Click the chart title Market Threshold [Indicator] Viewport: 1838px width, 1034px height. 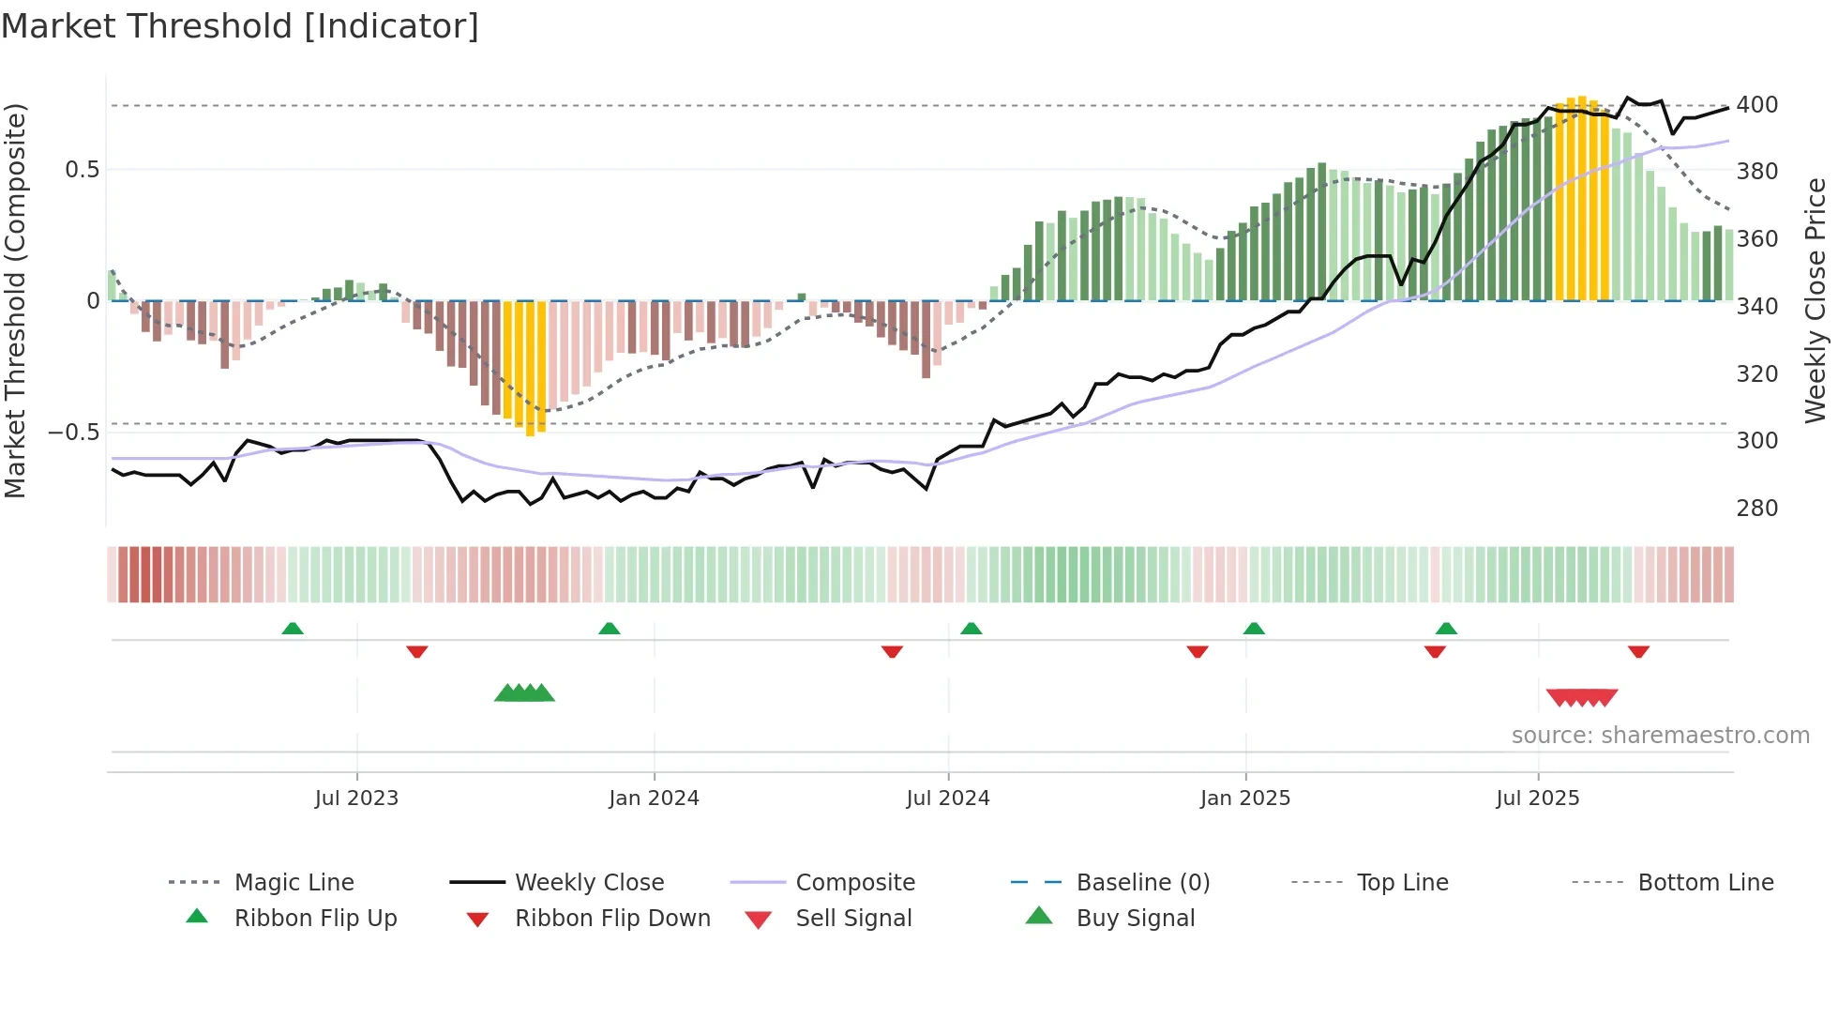coord(240,26)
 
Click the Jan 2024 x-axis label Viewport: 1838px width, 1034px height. coord(654,798)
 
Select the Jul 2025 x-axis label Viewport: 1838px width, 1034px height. coord(1537,798)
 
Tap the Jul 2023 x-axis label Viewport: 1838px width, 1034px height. coord(356,798)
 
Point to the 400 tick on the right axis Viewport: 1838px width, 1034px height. coord(1756,105)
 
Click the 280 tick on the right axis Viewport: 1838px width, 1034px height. coord(1756,509)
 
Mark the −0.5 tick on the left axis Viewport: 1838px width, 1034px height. coord(73,433)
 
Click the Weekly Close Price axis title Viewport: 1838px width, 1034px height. coord(1815,300)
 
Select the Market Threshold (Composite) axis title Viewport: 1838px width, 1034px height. coord(15,300)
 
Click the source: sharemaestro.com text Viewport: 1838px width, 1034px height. coord(1660,736)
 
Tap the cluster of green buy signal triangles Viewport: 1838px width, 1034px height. coord(524,693)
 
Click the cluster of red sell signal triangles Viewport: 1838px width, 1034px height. coord(1582,697)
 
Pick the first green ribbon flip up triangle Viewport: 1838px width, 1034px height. coord(293,628)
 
